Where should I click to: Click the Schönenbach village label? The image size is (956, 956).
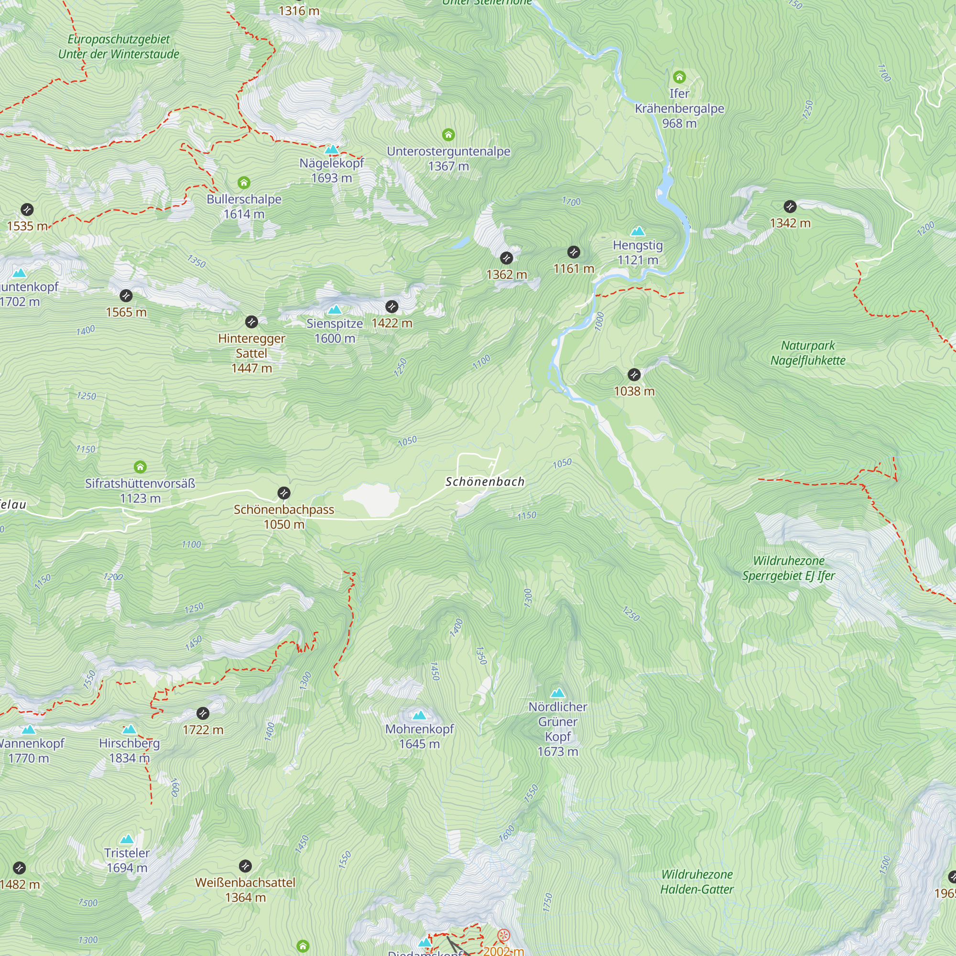point(484,481)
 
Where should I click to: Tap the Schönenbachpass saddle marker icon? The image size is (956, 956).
point(283,493)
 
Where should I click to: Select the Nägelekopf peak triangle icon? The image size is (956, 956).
point(332,150)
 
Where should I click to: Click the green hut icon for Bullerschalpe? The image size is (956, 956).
point(243,183)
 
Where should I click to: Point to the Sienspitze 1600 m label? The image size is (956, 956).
point(335,331)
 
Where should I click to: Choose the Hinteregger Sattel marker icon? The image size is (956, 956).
point(251,322)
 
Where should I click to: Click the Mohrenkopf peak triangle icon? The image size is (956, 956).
point(419,715)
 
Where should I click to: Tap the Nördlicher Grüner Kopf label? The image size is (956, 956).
point(558,728)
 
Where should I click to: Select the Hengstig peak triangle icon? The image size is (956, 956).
point(638,231)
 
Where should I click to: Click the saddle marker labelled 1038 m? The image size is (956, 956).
point(634,375)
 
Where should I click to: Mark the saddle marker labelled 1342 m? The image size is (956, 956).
point(790,206)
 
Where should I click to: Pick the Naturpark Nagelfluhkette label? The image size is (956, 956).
point(807,353)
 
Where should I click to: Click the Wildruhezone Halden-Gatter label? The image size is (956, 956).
point(697,881)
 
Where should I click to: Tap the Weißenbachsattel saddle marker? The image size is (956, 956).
point(245,866)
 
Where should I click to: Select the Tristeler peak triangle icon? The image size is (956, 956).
point(127,839)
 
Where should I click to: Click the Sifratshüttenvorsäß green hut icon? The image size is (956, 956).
point(140,467)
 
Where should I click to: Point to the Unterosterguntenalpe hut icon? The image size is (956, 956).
point(448,135)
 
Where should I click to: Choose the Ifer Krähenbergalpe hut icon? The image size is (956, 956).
point(679,76)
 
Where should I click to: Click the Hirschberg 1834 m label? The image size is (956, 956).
point(129,750)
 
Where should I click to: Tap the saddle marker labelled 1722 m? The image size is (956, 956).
point(203,713)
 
